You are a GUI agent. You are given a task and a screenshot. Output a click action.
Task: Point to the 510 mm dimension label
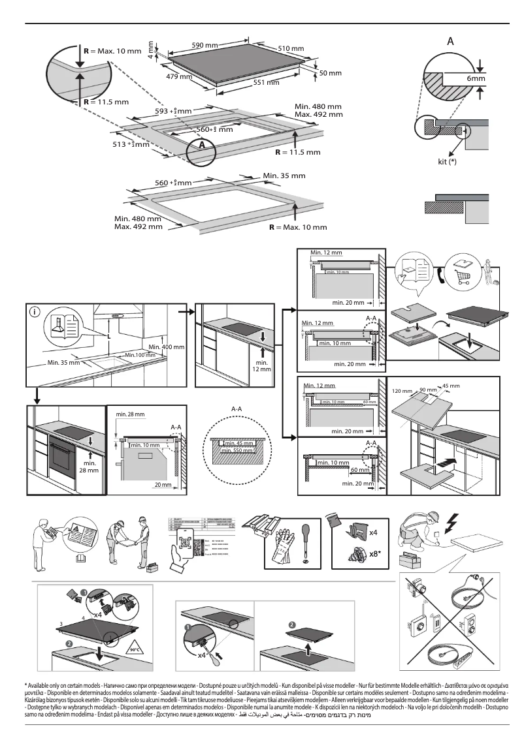pos(291,49)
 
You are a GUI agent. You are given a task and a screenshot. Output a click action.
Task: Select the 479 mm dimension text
pos(178,77)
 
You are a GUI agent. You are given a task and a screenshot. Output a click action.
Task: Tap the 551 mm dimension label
pos(266,83)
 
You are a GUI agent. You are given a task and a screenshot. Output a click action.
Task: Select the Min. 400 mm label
pos(166,346)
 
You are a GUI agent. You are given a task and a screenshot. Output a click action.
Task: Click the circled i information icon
pos(35,312)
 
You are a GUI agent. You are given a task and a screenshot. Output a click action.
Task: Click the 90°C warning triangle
pos(134,649)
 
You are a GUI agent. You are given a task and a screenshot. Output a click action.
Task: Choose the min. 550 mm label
pos(237,451)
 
